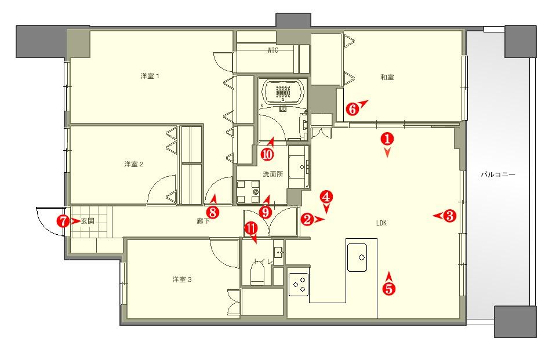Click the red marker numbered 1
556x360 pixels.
pos(387,139)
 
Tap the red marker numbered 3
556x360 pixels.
pos(450,215)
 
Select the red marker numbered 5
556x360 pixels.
pos(389,289)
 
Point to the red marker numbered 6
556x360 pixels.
pos(352,109)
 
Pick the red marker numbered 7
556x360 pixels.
pos(63,221)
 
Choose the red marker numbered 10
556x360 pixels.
pos(267,154)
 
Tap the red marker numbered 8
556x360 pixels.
pos(212,212)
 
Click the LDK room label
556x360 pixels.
pos(381,223)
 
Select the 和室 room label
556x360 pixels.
pos(387,77)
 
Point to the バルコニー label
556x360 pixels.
pos(498,174)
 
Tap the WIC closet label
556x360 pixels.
pos(272,50)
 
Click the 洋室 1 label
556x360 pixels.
pos(150,77)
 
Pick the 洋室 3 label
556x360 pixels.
pos(182,279)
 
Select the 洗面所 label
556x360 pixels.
pos(273,174)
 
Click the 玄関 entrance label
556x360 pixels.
pos(88,221)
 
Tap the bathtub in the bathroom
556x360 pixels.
pos(283,92)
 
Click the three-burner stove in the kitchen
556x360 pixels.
pos(299,284)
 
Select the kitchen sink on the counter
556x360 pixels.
pos(362,257)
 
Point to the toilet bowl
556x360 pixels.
pos(258,274)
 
